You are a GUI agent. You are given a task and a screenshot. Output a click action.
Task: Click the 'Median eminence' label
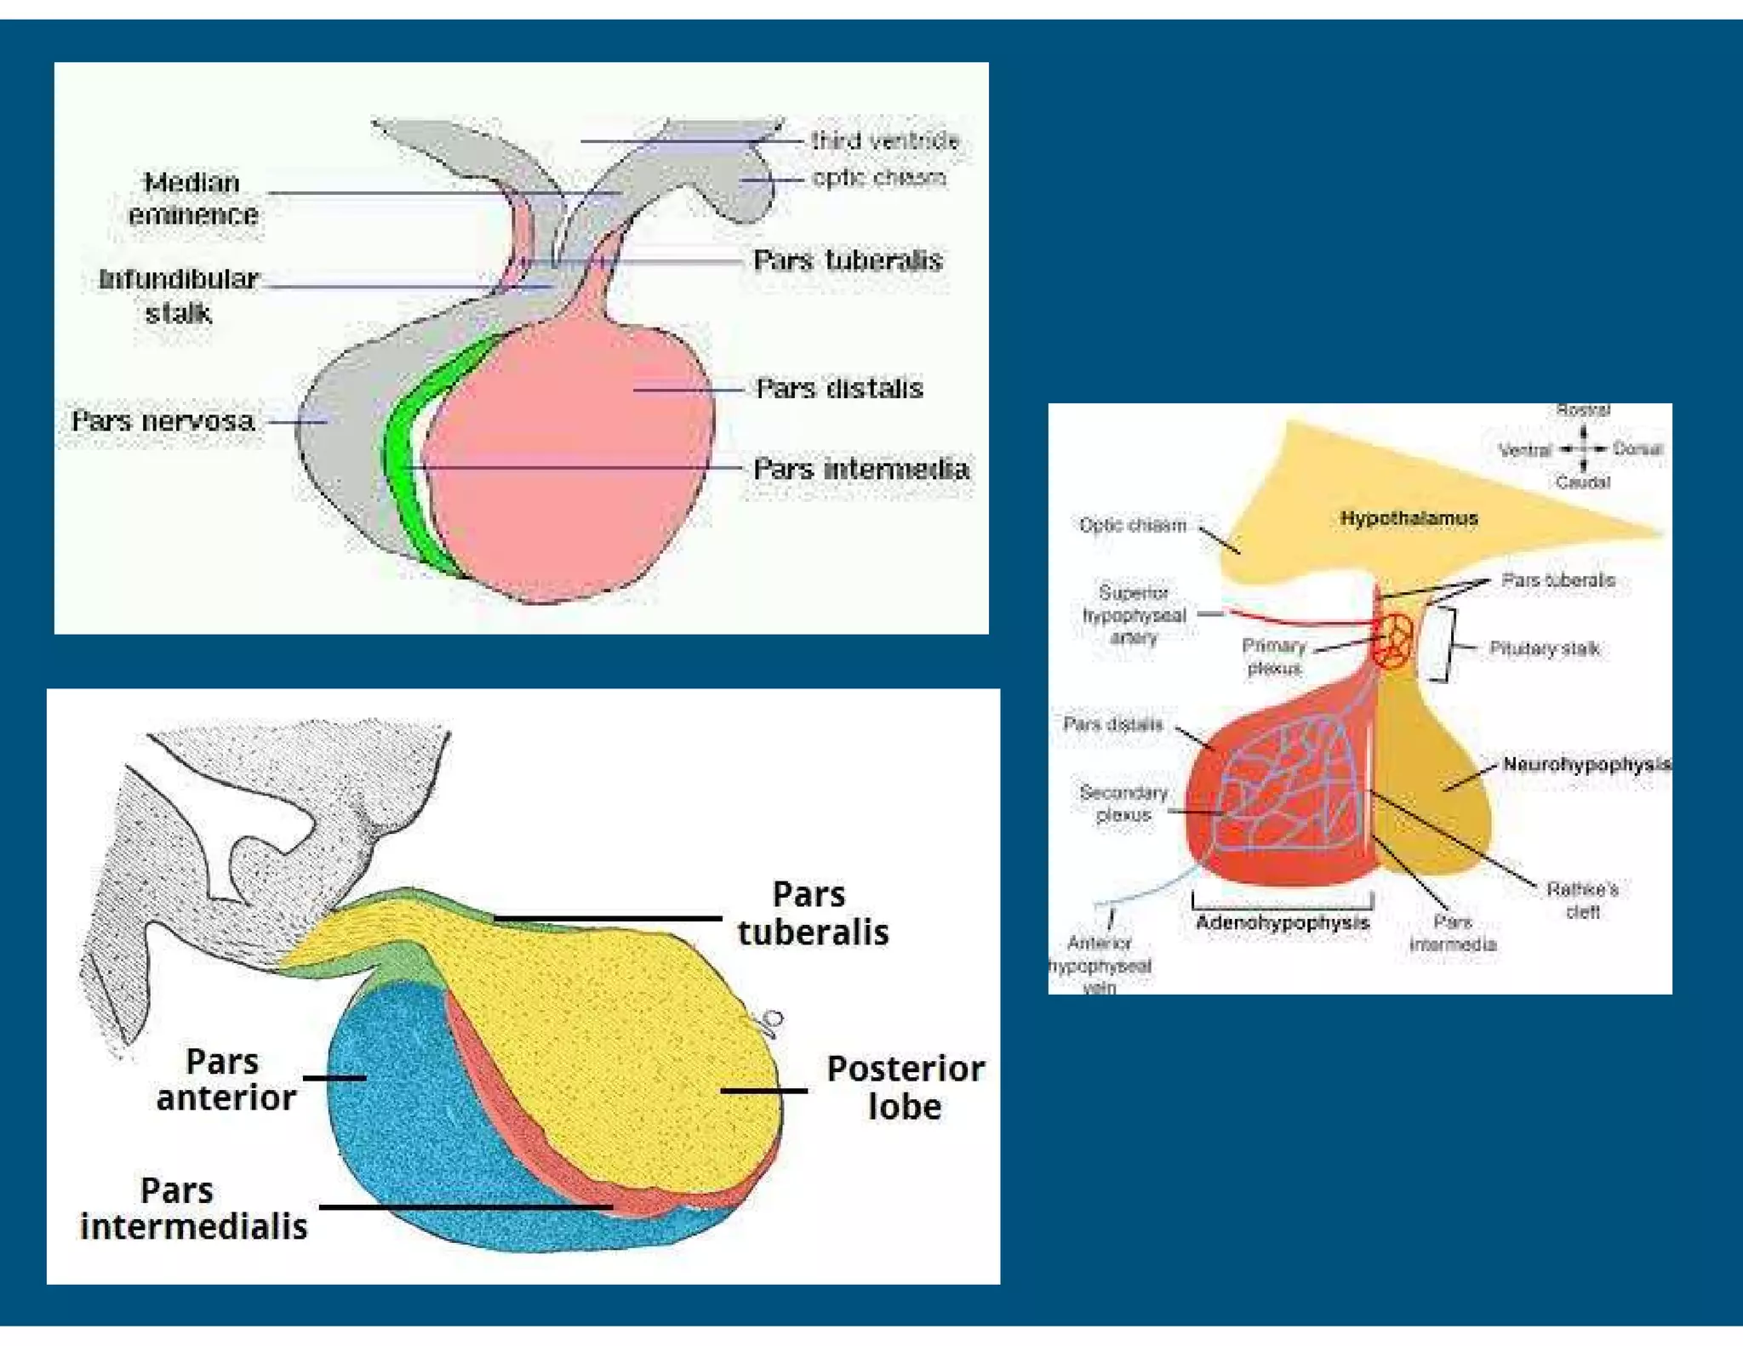pos(193,198)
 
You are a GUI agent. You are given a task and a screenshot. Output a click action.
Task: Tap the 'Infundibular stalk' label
pos(179,295)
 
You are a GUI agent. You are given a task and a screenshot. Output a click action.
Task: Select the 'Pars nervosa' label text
pos(163,421)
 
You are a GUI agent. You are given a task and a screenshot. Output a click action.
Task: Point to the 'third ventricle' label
pos(885,140)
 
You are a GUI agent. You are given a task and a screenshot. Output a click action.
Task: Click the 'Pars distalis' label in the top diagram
pos(839,389)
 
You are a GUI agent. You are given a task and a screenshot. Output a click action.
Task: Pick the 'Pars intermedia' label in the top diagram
pos(861,469)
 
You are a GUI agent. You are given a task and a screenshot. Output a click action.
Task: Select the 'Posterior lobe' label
pos(906,1087)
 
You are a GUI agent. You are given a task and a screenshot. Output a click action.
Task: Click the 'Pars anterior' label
pos(226,1079)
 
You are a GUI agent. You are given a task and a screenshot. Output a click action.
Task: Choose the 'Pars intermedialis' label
pos(193,1208)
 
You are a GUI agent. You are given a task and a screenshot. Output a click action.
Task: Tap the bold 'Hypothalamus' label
pos(1409,518)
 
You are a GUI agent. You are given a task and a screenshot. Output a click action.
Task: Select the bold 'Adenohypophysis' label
pos(1283,923)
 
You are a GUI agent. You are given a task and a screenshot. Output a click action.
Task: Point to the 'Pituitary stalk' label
pos(1545,649)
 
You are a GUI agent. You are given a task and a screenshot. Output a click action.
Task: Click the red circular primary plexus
pos(1394,638)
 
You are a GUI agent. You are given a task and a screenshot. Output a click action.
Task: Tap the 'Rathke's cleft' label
pos(1582,900)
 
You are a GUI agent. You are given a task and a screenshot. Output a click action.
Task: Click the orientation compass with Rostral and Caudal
pos(1583,448)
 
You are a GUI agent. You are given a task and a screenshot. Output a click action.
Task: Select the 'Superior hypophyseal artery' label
pos(1134,614)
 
